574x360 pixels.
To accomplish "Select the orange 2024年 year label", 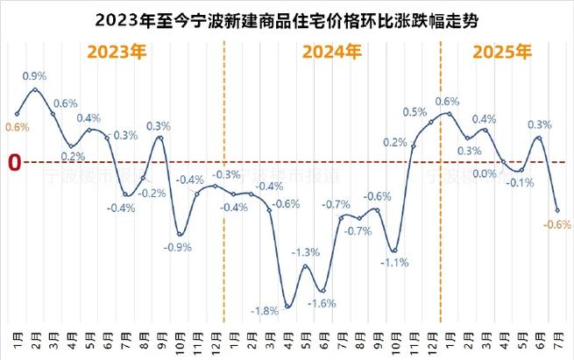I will (331, 52).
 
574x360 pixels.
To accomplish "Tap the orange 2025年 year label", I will (501, 52).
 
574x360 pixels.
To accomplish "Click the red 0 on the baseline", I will (14, 162).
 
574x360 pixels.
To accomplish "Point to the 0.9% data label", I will (35, 75).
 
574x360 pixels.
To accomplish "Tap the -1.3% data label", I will (306, 253).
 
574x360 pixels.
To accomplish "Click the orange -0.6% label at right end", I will (557, 224).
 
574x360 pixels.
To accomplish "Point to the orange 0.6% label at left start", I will (18, 127).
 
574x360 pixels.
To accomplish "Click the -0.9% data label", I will (178, 247).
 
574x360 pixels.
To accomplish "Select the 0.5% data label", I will (415, 112).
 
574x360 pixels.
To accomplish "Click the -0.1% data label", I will (521, 182).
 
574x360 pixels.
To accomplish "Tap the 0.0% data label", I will (484, 173).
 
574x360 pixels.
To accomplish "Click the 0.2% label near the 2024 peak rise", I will (395, 143).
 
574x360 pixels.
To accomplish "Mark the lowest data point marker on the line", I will (287, 307).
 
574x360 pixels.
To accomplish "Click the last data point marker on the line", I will (557, 210).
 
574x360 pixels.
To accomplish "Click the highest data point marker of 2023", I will (35, 89).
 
